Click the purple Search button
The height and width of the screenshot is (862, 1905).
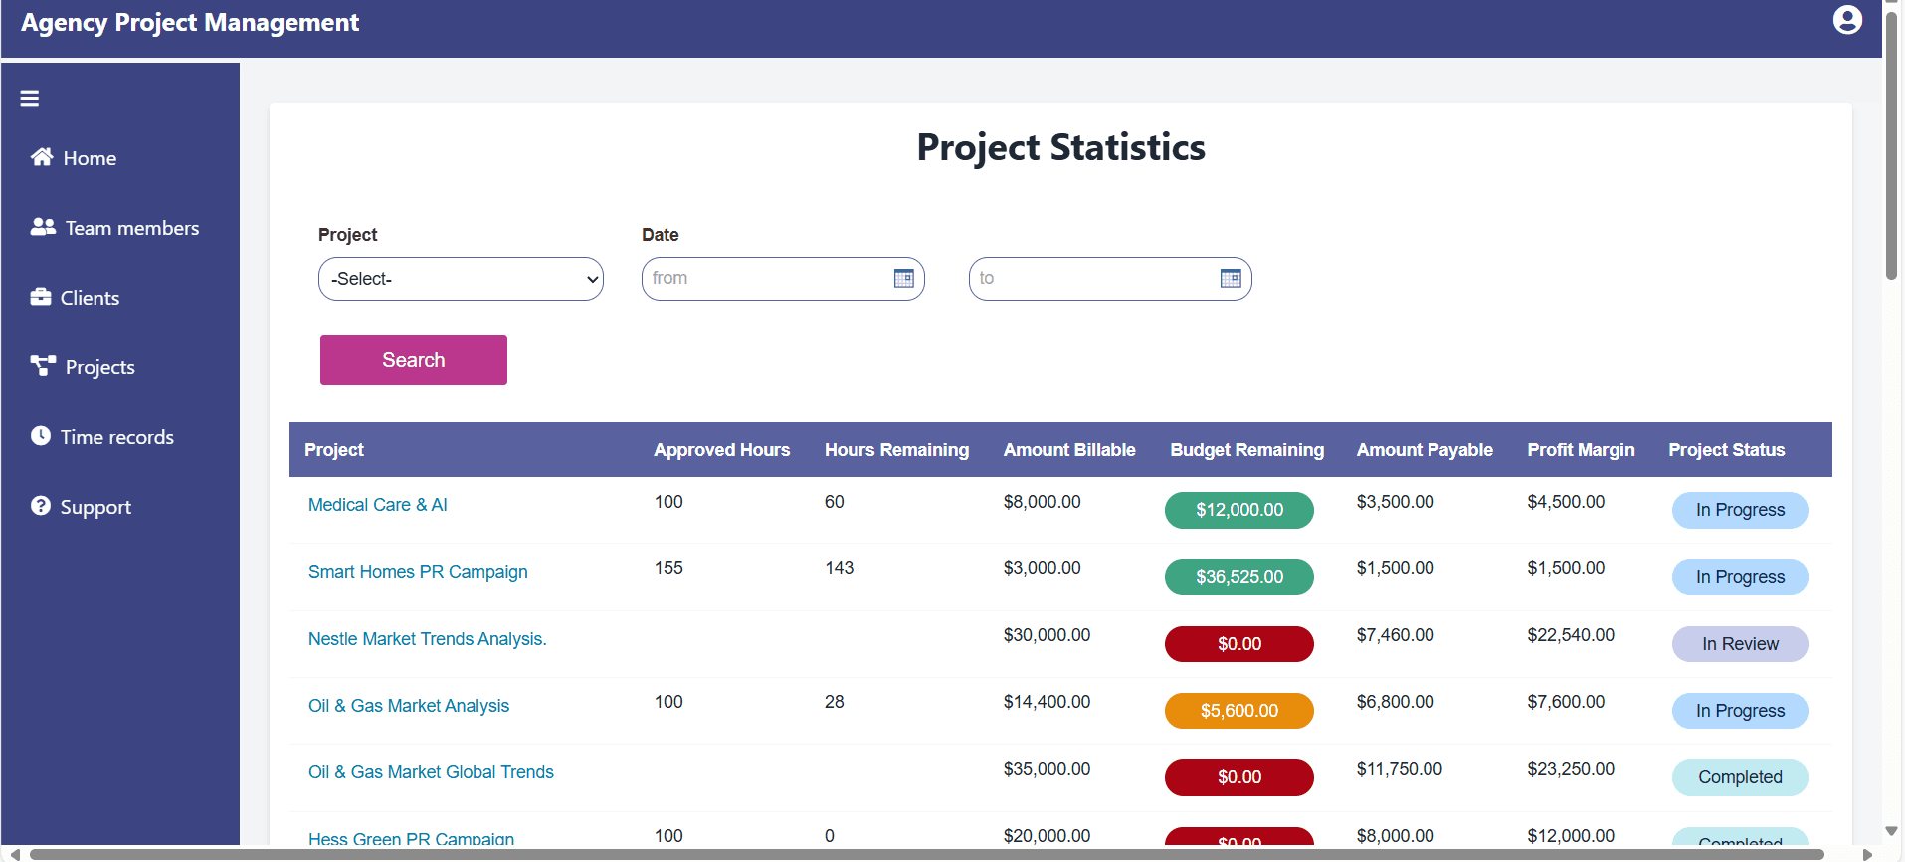pyautogui.click(x=413, y=360)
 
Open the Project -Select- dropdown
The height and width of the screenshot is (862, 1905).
pyautogui.click(x=461, y=279)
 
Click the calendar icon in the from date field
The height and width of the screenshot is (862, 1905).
pyautogui.click(x=903, y=279)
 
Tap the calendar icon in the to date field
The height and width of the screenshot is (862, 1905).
pyautogui.click(x=1230, y=279)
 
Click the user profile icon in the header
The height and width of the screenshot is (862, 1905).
pyautogui.click(x=1846, y=20)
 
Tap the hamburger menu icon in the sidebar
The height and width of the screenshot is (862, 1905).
pyautogui.click(x=30, y=99)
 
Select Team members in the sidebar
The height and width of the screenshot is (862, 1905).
pyautogui.click(x=114, y=228)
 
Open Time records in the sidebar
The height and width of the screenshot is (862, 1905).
pyautogui.click(x=102, y=437)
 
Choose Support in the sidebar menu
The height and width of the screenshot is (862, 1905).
pyautogui.click(x=82, y=507)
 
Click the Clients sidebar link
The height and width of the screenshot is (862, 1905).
pyautogui.click(x=76, y=298)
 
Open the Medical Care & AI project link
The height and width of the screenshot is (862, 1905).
pyautogui.click(x=378, y=505)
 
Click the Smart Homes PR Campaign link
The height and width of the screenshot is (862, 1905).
pyautogui.click(x=418, y=572)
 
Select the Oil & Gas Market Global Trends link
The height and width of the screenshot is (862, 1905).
pyautogui.click(x=431, y=772)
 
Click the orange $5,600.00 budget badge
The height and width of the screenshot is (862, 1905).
pyautogui.click(x=1238, y=711)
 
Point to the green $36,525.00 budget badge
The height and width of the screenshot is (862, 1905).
pyautogui.click(x=1238, y=577)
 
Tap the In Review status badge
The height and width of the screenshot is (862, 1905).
pyautogui.click(x=1739, y=644)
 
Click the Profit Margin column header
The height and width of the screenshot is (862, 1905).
pyautogui.click(x=1581, y=450)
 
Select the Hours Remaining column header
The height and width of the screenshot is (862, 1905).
pyautogui.click(x=896, y=450)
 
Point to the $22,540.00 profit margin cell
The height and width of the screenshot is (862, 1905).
pyautogui.click(x=1571, y=635)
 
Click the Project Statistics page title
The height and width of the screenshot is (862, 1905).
pyautogui.click(x=1060, y=147)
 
